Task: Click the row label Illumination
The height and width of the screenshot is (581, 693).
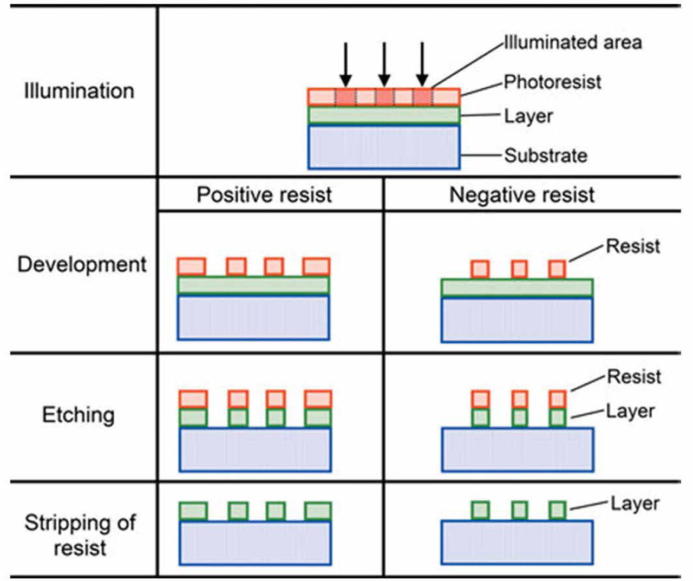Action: click(79, 91)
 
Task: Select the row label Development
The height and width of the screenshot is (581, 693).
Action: click(82, 264)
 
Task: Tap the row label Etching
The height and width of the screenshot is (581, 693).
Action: click(79, 415)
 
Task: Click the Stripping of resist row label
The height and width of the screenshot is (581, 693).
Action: click(80, 535)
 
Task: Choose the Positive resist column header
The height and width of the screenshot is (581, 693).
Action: click(264, 195)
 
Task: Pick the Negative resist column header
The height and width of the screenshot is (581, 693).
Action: click(522, 195)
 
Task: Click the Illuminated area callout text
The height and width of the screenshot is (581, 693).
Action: click(573, 42)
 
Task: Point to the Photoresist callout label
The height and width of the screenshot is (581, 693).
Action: click(552, 82)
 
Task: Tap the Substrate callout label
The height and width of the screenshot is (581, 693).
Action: click(546, 155)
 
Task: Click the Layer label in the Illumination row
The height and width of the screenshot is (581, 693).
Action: click(528, 116)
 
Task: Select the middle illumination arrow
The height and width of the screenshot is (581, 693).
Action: click(384, 64)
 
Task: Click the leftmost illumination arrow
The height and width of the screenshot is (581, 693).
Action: click(346, 64)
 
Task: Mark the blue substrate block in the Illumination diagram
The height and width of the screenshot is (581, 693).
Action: click(384, 147)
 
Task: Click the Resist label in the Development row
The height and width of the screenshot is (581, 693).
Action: click(632, 246)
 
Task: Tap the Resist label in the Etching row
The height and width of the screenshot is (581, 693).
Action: click(633, 377)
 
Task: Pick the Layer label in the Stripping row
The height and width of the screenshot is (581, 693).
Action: click(635, 504)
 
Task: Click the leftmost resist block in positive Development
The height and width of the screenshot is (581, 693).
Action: click(192, 266)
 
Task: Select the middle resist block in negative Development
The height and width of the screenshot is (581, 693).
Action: click(519, 269)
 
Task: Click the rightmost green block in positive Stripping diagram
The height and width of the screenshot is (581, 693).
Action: click(317, 511)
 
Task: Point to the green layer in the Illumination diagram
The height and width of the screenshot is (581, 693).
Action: click(384, 115)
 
